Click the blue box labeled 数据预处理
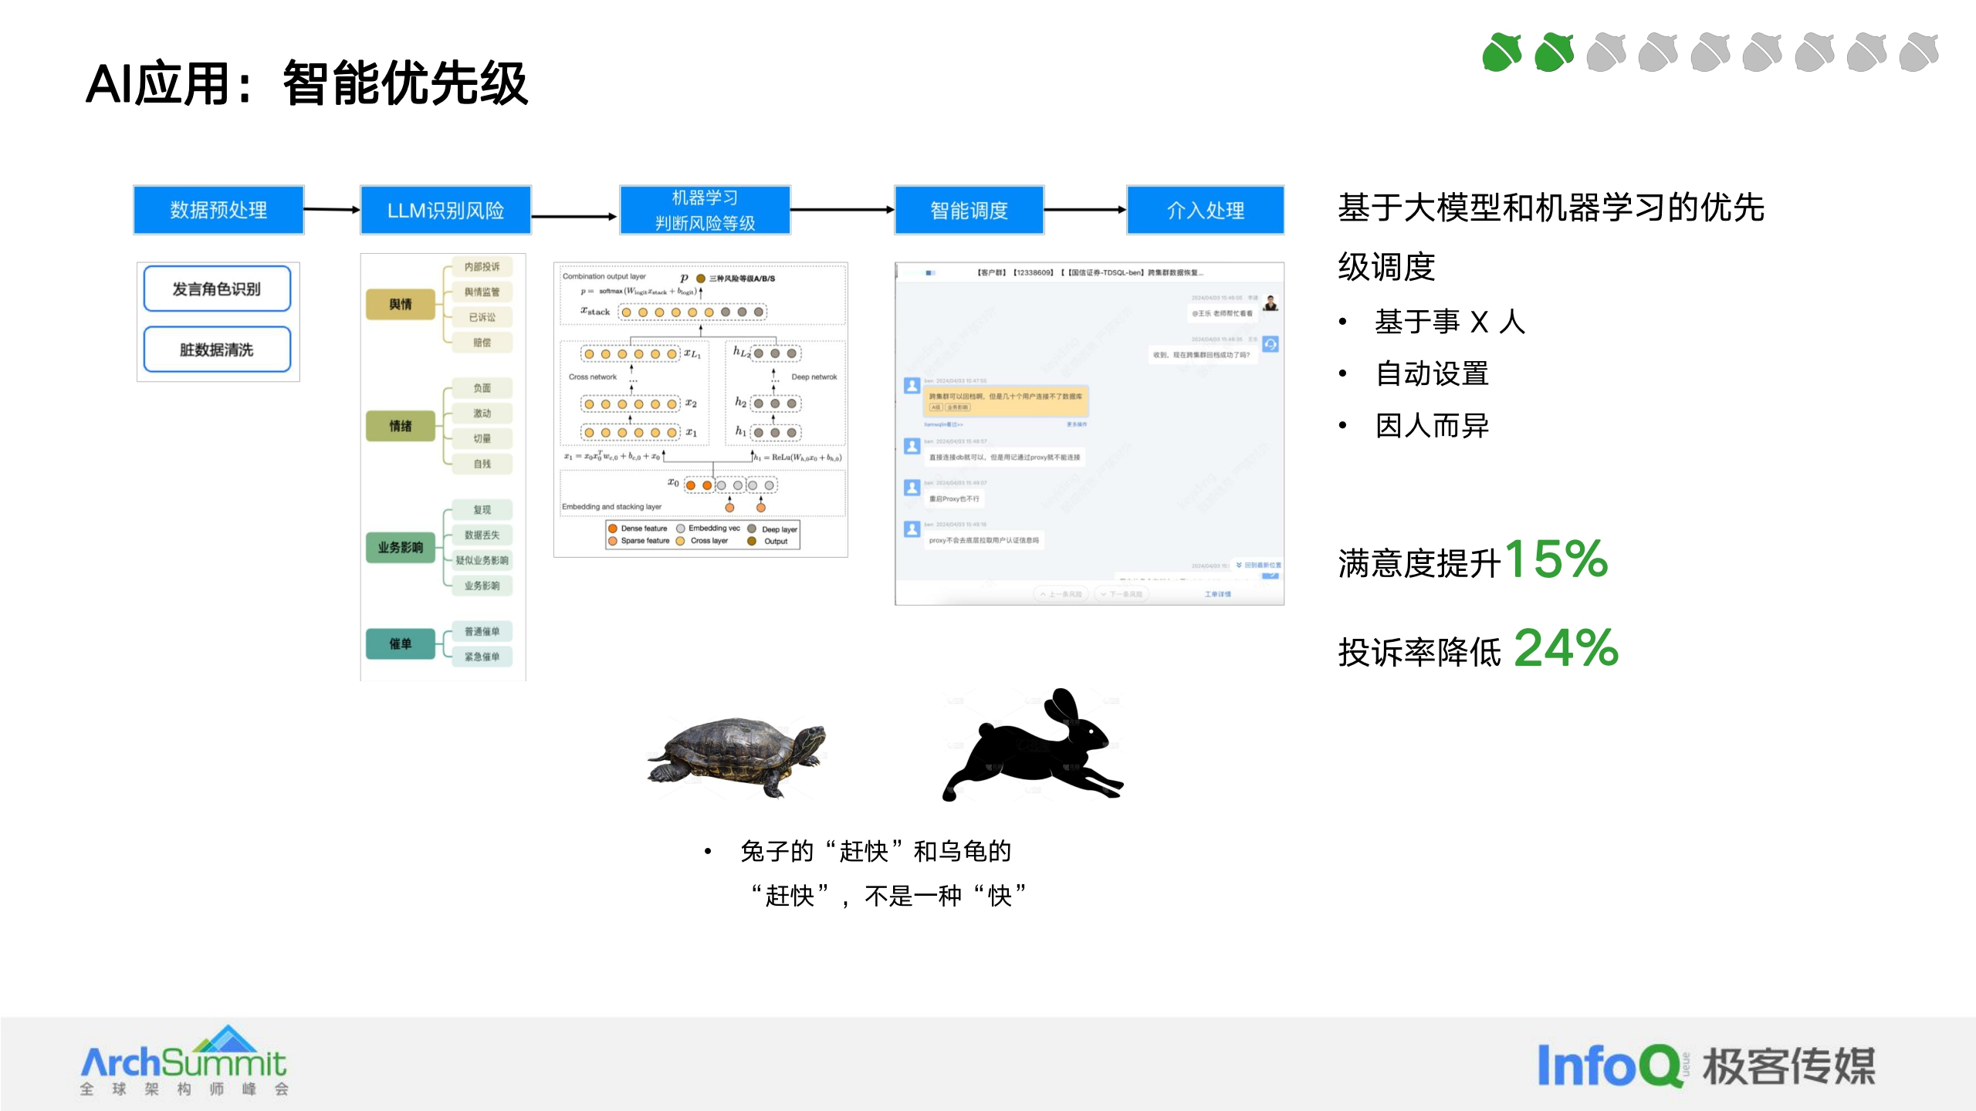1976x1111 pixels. pos(218,210)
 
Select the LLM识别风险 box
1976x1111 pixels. pos(445,210)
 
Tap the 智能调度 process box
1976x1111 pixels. pos(969,210)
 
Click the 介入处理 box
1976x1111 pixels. pos(1205,210)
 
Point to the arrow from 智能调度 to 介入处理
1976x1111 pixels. pos(1084,209)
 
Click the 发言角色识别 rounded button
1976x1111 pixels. pos(217,289)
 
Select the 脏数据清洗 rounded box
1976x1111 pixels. pos(217,350)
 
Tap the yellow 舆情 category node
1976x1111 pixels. pos(401,304)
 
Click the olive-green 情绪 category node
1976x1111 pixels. pos(401,426)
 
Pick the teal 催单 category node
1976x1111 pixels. pos(401,643)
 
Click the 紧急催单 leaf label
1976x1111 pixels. pos(482,657)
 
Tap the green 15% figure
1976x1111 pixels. pos(1556,559)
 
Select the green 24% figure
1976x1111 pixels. pos(1566,648)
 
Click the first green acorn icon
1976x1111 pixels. pos(1501,52)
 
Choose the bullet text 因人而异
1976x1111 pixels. pos(1432,426)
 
